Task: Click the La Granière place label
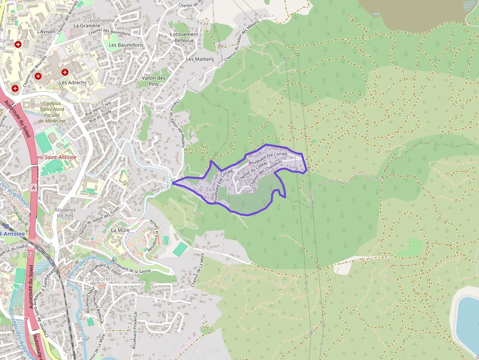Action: (83, 25)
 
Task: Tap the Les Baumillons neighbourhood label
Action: (126, 45)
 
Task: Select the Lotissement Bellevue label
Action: (184, 37)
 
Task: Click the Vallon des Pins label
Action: (153, 81)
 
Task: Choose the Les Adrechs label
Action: (73, 83)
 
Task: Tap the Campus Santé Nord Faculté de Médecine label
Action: (52, 112)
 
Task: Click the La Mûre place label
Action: (120, 230)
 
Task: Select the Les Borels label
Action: (99, 279)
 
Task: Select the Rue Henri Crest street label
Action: (99, 107)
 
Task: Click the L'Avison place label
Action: (46, 31)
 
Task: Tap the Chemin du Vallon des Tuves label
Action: (99, 221)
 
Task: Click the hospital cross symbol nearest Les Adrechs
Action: (65, 72)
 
